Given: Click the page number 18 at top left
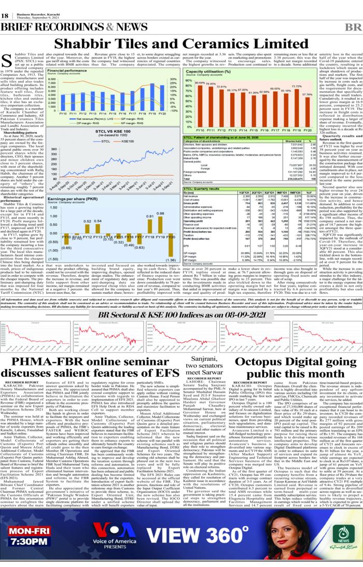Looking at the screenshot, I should (5, 16).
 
